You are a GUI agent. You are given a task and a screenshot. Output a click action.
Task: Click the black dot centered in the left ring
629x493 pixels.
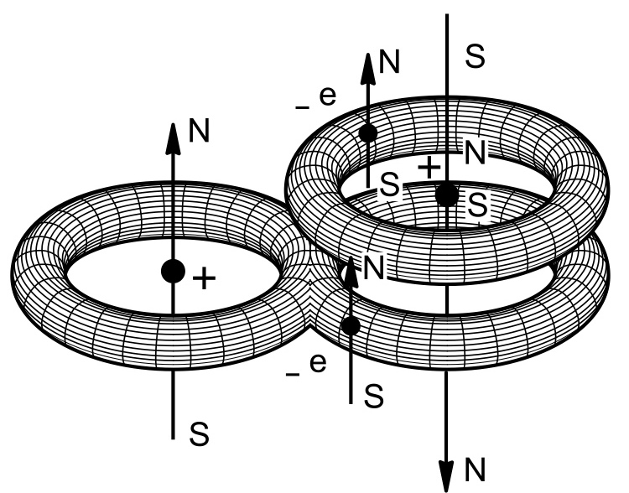coord(173,271)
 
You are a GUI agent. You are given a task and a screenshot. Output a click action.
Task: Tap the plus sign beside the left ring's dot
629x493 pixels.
coord(202,279)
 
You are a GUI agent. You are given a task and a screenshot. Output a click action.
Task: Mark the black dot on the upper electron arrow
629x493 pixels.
coord(367,132)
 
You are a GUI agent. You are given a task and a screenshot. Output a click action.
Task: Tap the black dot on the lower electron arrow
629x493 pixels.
coord(351,324)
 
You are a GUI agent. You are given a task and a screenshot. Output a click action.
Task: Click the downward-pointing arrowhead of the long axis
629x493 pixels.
coord(447,474)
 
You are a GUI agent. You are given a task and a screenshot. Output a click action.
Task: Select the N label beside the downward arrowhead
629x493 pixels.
coord(476,466)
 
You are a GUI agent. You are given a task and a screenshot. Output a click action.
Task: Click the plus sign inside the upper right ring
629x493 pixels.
coord(429,168)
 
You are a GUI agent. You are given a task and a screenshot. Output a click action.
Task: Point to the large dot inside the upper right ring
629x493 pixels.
coord(447,195)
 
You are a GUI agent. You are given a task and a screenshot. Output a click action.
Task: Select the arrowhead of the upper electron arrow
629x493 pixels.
coord(367,66)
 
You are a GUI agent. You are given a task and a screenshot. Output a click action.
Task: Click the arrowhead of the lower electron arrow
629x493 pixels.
coord(351,267)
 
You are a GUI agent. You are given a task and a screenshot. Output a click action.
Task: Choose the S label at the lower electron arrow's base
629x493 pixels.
coord(375,395)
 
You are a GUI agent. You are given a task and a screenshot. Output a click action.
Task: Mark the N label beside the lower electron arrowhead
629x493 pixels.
coord(374,268)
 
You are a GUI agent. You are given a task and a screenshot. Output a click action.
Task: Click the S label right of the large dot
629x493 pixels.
coord(477,204)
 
